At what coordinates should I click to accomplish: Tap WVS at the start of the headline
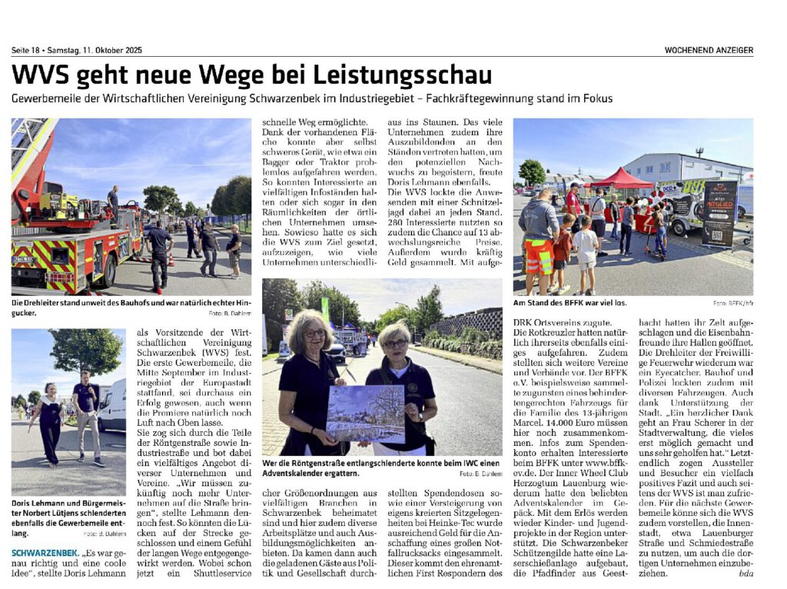[x=41, y=75]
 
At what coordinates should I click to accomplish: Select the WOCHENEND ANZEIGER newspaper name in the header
[x=709, y=50]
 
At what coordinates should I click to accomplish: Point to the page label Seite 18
[x=26, y=50]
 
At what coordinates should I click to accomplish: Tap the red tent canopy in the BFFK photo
[x=623, y=179]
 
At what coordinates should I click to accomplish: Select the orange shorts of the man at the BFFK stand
[x=540, y=256]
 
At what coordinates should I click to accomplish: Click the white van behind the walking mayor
[x=113, y=404]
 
